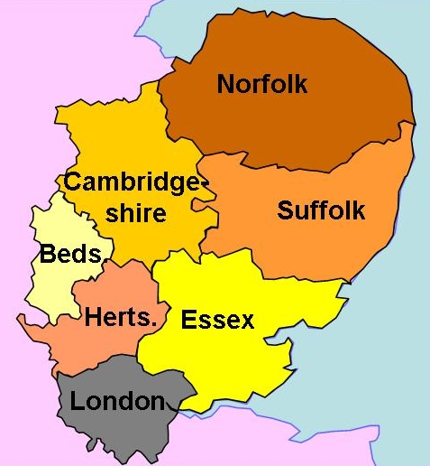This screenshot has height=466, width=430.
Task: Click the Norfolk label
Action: (262, 85)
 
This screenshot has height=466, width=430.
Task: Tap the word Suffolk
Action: (321, 210)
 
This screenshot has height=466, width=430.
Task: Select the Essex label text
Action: (217, 320)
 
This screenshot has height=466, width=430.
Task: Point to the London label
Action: (117, 402)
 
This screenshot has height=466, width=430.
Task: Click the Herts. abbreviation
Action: (121, 318)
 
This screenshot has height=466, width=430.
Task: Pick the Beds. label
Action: (72, 255)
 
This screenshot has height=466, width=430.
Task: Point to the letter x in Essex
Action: (246, 321)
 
